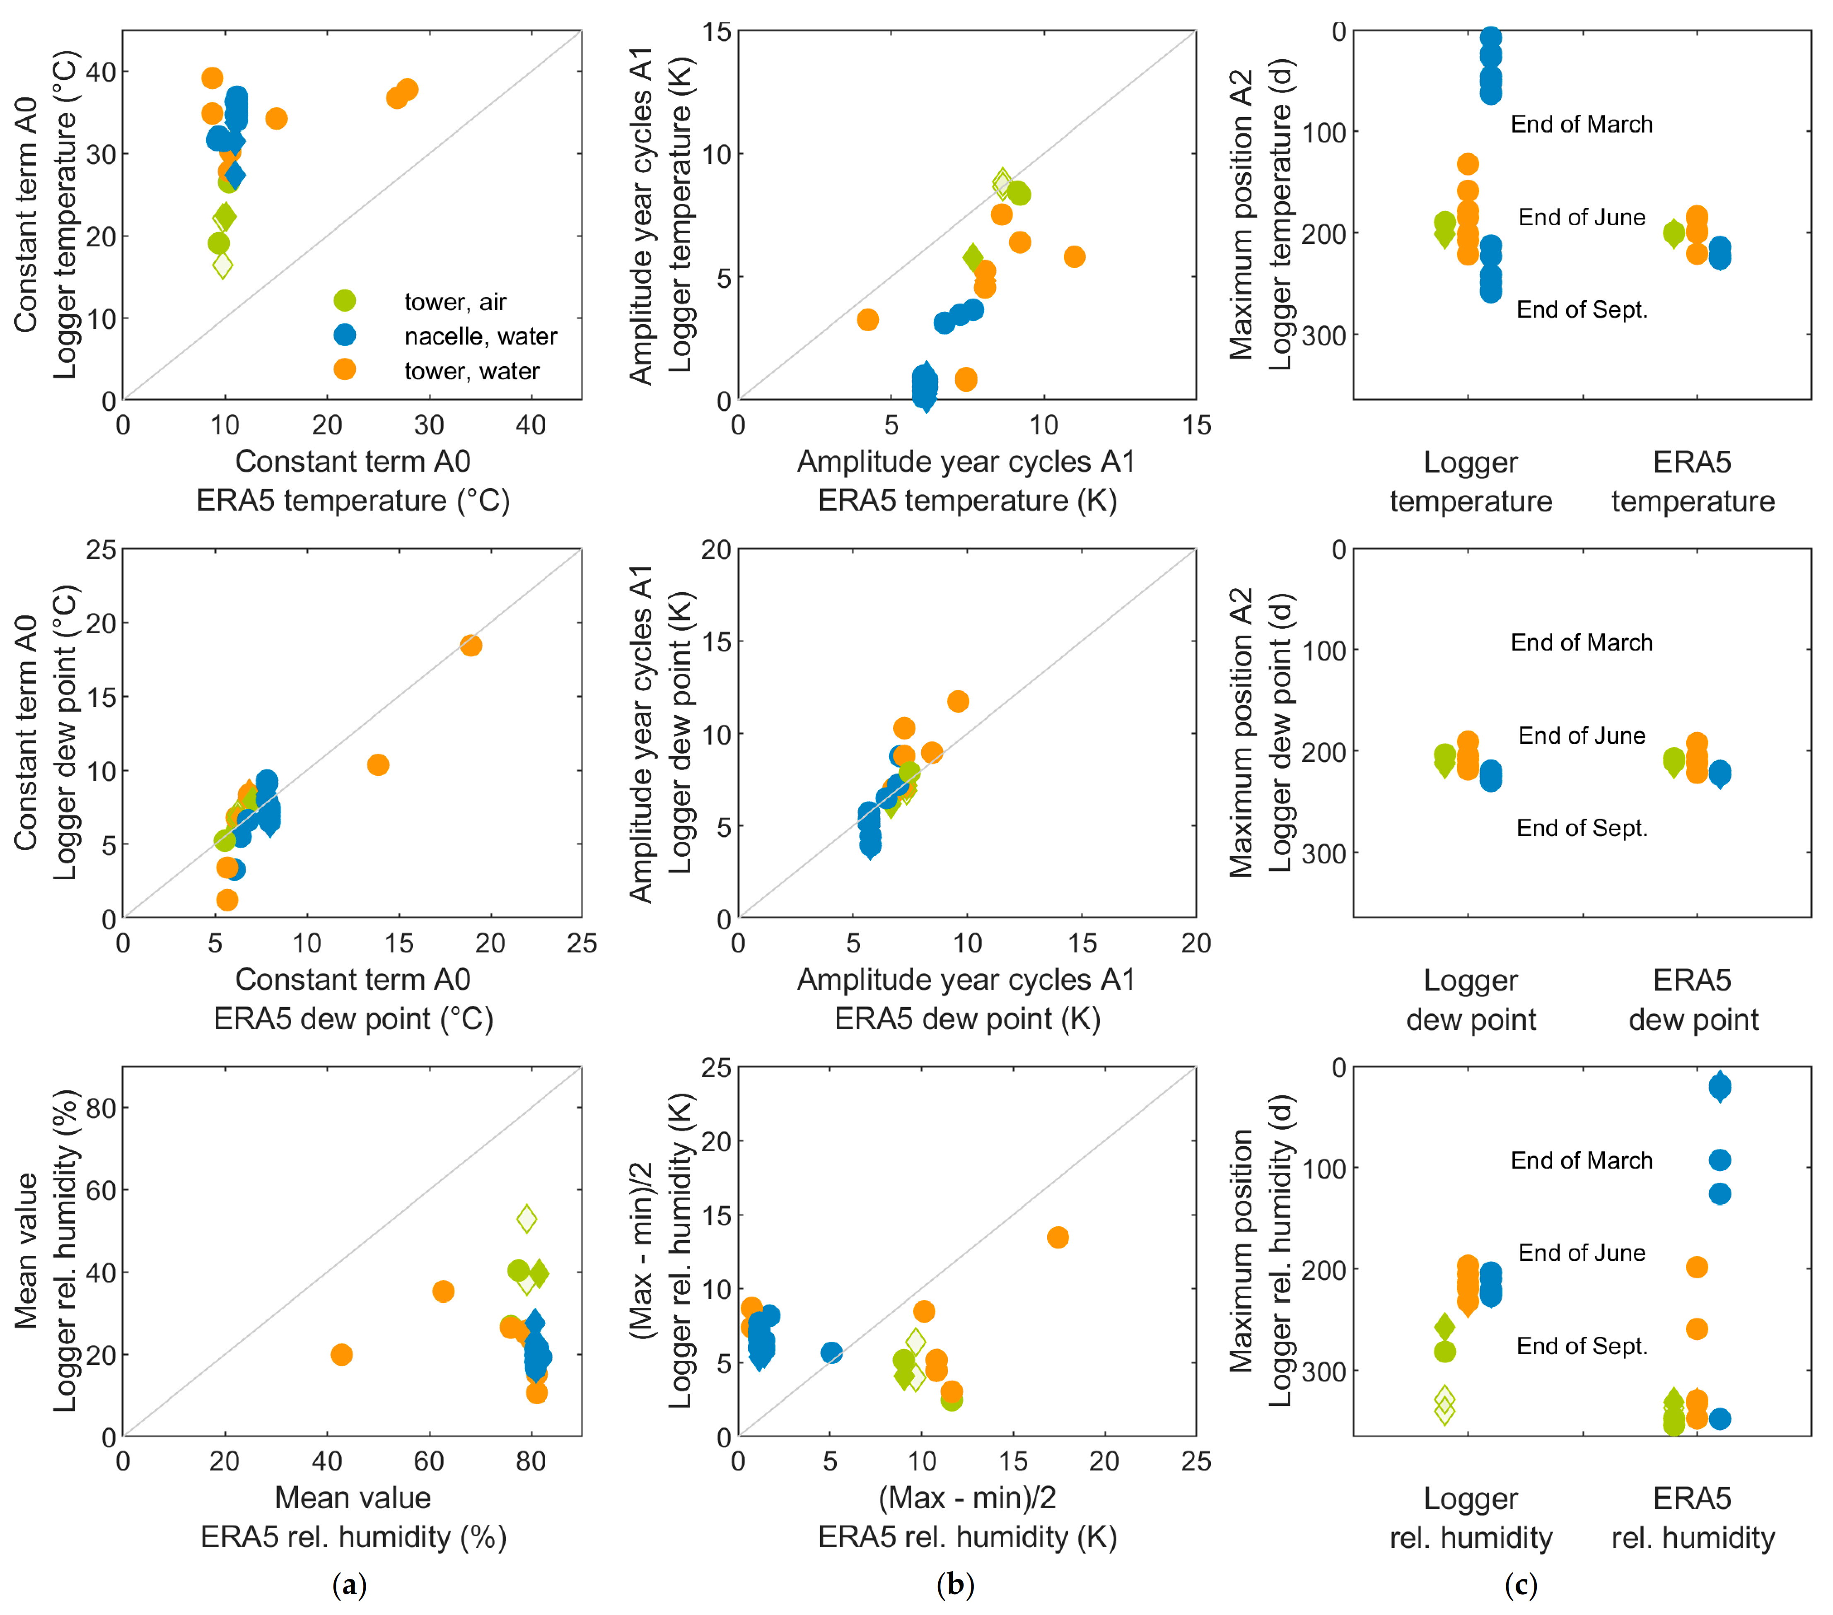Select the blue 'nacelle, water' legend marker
coord(344,335)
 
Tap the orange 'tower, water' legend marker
coord(344,369)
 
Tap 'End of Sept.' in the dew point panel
coord(1582,828)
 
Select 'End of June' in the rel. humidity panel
coord(1582,1253)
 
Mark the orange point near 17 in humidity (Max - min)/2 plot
coord(1058,1237)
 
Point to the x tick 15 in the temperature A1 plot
coord(1196,425)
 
